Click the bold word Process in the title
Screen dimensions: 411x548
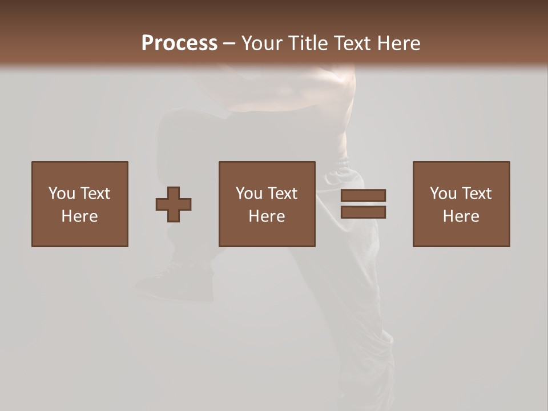179,43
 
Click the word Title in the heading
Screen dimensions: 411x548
308,43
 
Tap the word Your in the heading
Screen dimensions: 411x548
263,43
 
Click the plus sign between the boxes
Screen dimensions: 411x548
174,204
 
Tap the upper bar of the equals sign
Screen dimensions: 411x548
363,196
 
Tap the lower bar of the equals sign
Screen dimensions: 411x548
363,212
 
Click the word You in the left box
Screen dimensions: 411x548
62,194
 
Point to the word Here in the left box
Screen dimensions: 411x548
79,216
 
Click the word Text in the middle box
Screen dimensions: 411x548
282,194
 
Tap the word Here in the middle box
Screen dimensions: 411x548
267,216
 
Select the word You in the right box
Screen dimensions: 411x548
443,194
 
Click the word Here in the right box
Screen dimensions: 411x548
461,216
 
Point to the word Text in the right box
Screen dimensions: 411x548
476,194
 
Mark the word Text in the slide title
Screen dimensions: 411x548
352,43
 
